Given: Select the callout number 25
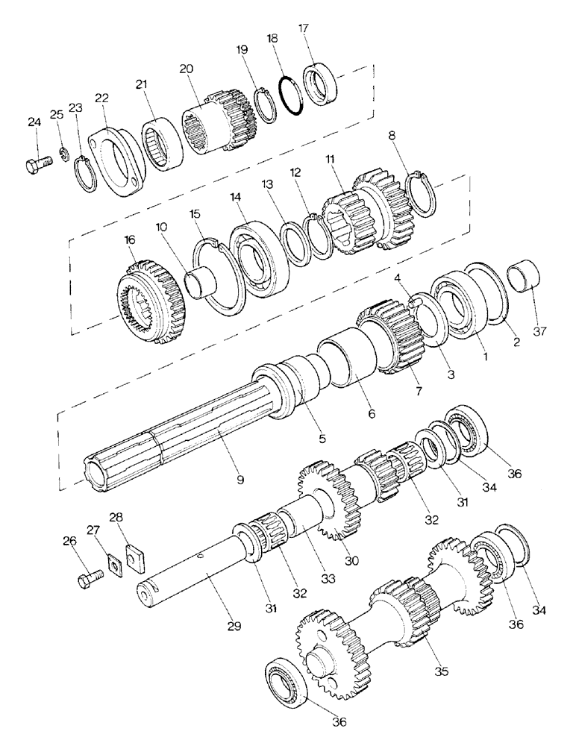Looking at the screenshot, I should coord(57,113).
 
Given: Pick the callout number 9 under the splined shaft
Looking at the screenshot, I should coord(240,479).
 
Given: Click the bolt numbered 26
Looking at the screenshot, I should coord(88,580).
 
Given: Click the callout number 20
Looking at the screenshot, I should coord(186,69).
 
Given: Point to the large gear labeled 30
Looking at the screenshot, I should coord(330,499).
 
